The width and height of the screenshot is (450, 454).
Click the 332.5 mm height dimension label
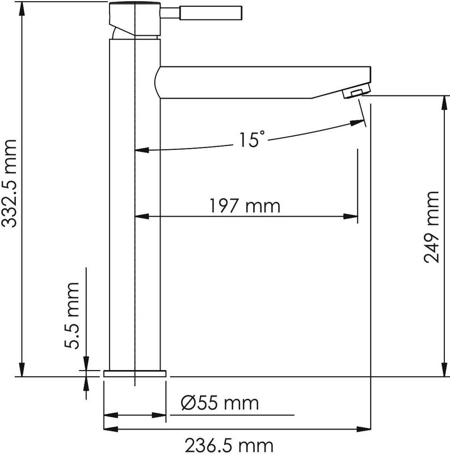[9, 183]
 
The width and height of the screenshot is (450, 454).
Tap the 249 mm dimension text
[431, 228]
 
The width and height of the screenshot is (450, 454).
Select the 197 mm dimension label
[245, 206]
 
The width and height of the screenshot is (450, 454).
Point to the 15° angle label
[251, 139]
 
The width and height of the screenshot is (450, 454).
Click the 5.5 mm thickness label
[72, 316]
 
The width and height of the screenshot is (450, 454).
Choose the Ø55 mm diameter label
[220, 403]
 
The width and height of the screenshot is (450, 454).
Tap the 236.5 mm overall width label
[229, 445]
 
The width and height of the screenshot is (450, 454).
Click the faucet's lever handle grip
[211, 13]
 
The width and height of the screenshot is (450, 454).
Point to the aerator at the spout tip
[356, 91]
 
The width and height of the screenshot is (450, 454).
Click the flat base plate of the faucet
[135, 373]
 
